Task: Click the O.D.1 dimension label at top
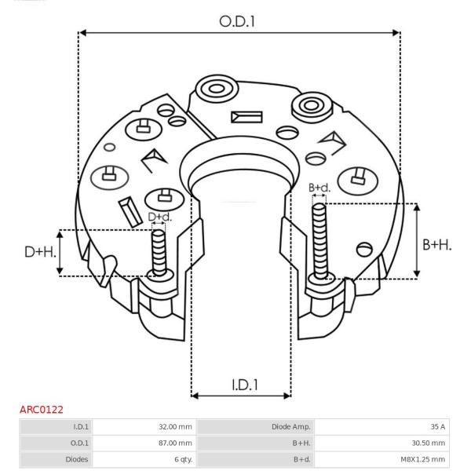(237, 22)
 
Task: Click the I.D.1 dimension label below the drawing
(245, 385)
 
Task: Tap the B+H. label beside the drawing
(437, 245)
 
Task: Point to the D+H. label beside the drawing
(41, 252)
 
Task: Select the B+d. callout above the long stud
(319, 188)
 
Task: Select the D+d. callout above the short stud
(160, 217)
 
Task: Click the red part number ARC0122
(42, 410)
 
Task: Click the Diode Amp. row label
(291, 427)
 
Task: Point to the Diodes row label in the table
(77, 459)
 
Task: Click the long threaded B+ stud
(319, 241)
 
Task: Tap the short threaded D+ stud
(159, 253)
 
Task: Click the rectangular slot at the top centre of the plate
(246, 117)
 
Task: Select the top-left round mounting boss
(217, 89)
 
